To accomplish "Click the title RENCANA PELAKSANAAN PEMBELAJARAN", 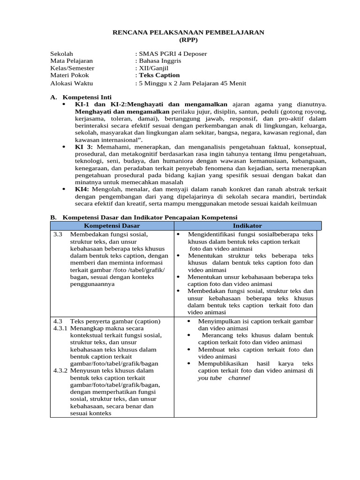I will tap(189, 32).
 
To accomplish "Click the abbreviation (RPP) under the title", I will tap(189, 39).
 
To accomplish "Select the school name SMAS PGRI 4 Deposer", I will tap(172, 54).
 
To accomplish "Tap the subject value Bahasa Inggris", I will tap(159, 61).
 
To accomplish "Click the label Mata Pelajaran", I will tap(71, 61).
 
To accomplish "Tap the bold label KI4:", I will tap(82, 189).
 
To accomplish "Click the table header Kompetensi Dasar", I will tap(112, 226).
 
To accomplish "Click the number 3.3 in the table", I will tap(58, 234).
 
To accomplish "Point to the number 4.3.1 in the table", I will tap(60, 328).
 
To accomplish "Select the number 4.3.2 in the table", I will tap(60, 370).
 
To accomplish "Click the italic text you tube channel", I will tap(224, 378).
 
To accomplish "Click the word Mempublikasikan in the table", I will tap(222, 364).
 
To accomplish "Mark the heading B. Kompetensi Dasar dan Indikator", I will tap(144, 217).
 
